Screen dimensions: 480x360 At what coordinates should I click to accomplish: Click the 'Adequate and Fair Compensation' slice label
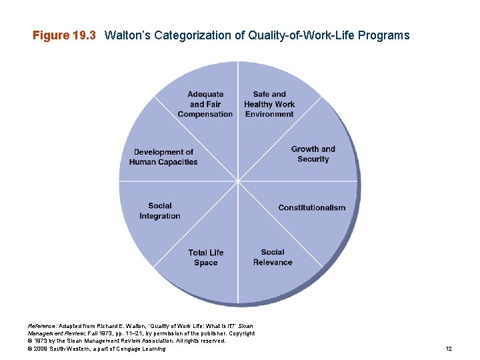[205, 104]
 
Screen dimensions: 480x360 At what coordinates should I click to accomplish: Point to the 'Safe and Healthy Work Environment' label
[269, 104]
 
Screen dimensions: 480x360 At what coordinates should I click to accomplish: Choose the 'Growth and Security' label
[313, 154]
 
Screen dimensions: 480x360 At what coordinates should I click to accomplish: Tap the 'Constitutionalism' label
[312, 208]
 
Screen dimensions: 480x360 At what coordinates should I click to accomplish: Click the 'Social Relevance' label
[273, 257]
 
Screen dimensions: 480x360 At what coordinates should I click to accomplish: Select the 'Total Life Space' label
[206, 257]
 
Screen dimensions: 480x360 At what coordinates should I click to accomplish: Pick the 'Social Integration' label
[160, 211]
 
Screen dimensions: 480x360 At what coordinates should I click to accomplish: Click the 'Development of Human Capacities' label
[163, 157]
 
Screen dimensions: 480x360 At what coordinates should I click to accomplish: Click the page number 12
[449, 349]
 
